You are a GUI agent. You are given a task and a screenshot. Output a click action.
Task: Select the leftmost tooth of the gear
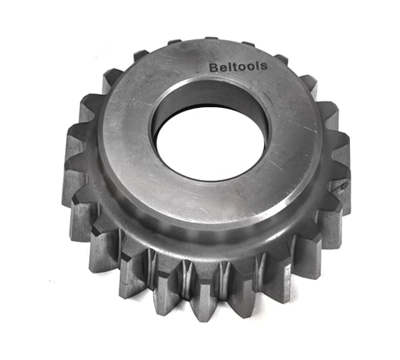tap(74, 168)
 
